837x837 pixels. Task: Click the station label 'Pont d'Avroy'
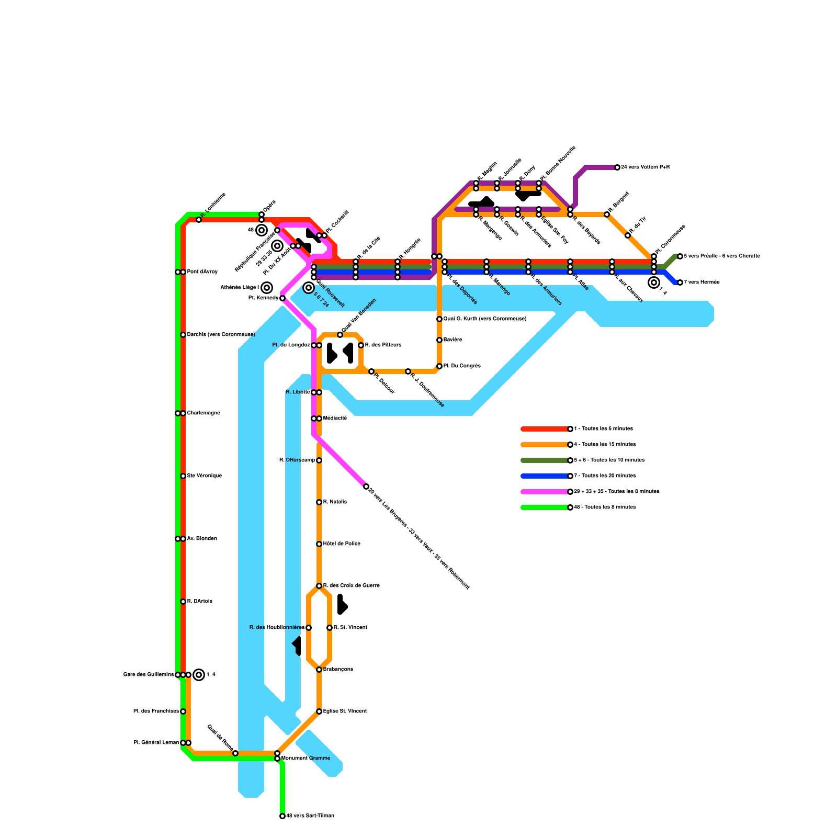[202, 272]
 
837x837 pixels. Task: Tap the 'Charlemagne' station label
[203, 413]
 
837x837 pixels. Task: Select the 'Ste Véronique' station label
[204, 476]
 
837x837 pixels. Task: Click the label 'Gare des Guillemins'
[149, 675]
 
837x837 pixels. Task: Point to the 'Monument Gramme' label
[306, 759]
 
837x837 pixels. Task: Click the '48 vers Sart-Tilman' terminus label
[310, 816]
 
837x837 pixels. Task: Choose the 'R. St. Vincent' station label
[350, 628]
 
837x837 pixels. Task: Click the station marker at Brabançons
[319, 670]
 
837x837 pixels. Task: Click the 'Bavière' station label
[453, 340]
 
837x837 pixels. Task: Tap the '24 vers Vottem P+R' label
[646, 167]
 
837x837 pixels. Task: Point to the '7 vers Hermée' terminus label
[702, 282]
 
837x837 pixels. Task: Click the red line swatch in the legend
[544, 429]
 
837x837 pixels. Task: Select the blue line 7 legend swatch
[544, 476]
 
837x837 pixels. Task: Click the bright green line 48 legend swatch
[544, 507]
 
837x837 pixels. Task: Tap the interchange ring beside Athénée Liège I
[267, 288]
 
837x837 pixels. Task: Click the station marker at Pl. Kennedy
[282, 298]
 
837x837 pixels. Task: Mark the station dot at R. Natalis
[319, 502]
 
